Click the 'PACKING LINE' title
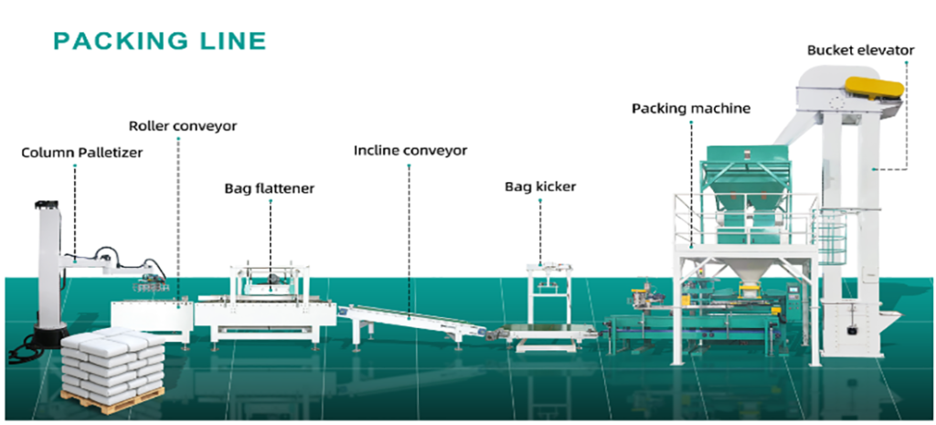160,40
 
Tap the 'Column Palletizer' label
81,153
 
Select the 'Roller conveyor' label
182,125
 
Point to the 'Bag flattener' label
270,188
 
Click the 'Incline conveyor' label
410,149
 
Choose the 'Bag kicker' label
540,186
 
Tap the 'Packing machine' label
691,108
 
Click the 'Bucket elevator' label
860,50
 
